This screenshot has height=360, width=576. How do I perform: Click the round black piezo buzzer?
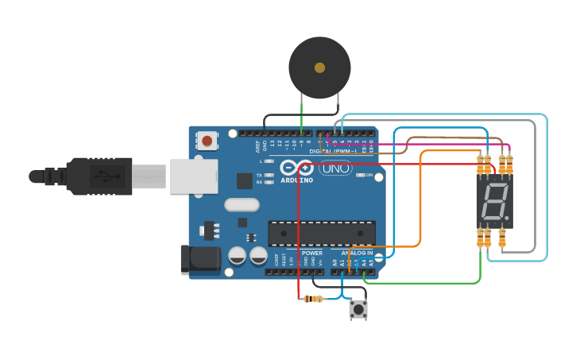pyautogui.click(x=319, y=68)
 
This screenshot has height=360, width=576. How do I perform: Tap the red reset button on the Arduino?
pyautogui.click(x=207, y=141)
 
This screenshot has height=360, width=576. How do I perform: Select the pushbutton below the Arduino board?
pyautogui.click(x=358, y=308)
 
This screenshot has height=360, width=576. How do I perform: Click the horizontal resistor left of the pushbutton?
pyautogui.click(x=314, y=299)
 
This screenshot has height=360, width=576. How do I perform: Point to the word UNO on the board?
pyautogui.click(x=335, y=168)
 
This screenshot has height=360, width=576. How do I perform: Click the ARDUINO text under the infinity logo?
pyautogui.click(x=296, y=180)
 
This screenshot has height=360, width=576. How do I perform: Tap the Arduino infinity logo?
pyautogui.click(x=296, y=168)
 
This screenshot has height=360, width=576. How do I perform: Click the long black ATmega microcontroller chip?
pyautogui.click(x=322, y=233)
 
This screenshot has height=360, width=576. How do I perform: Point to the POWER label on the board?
pyautogui.click(x=312, y=253)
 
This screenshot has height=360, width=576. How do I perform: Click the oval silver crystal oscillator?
pyautogui.click(x=242, y=205)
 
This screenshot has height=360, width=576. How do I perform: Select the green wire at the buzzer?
pyautogui.click(x=301, y=111)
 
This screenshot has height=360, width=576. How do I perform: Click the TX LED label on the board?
pyautogui.click(x=260, y=175)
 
